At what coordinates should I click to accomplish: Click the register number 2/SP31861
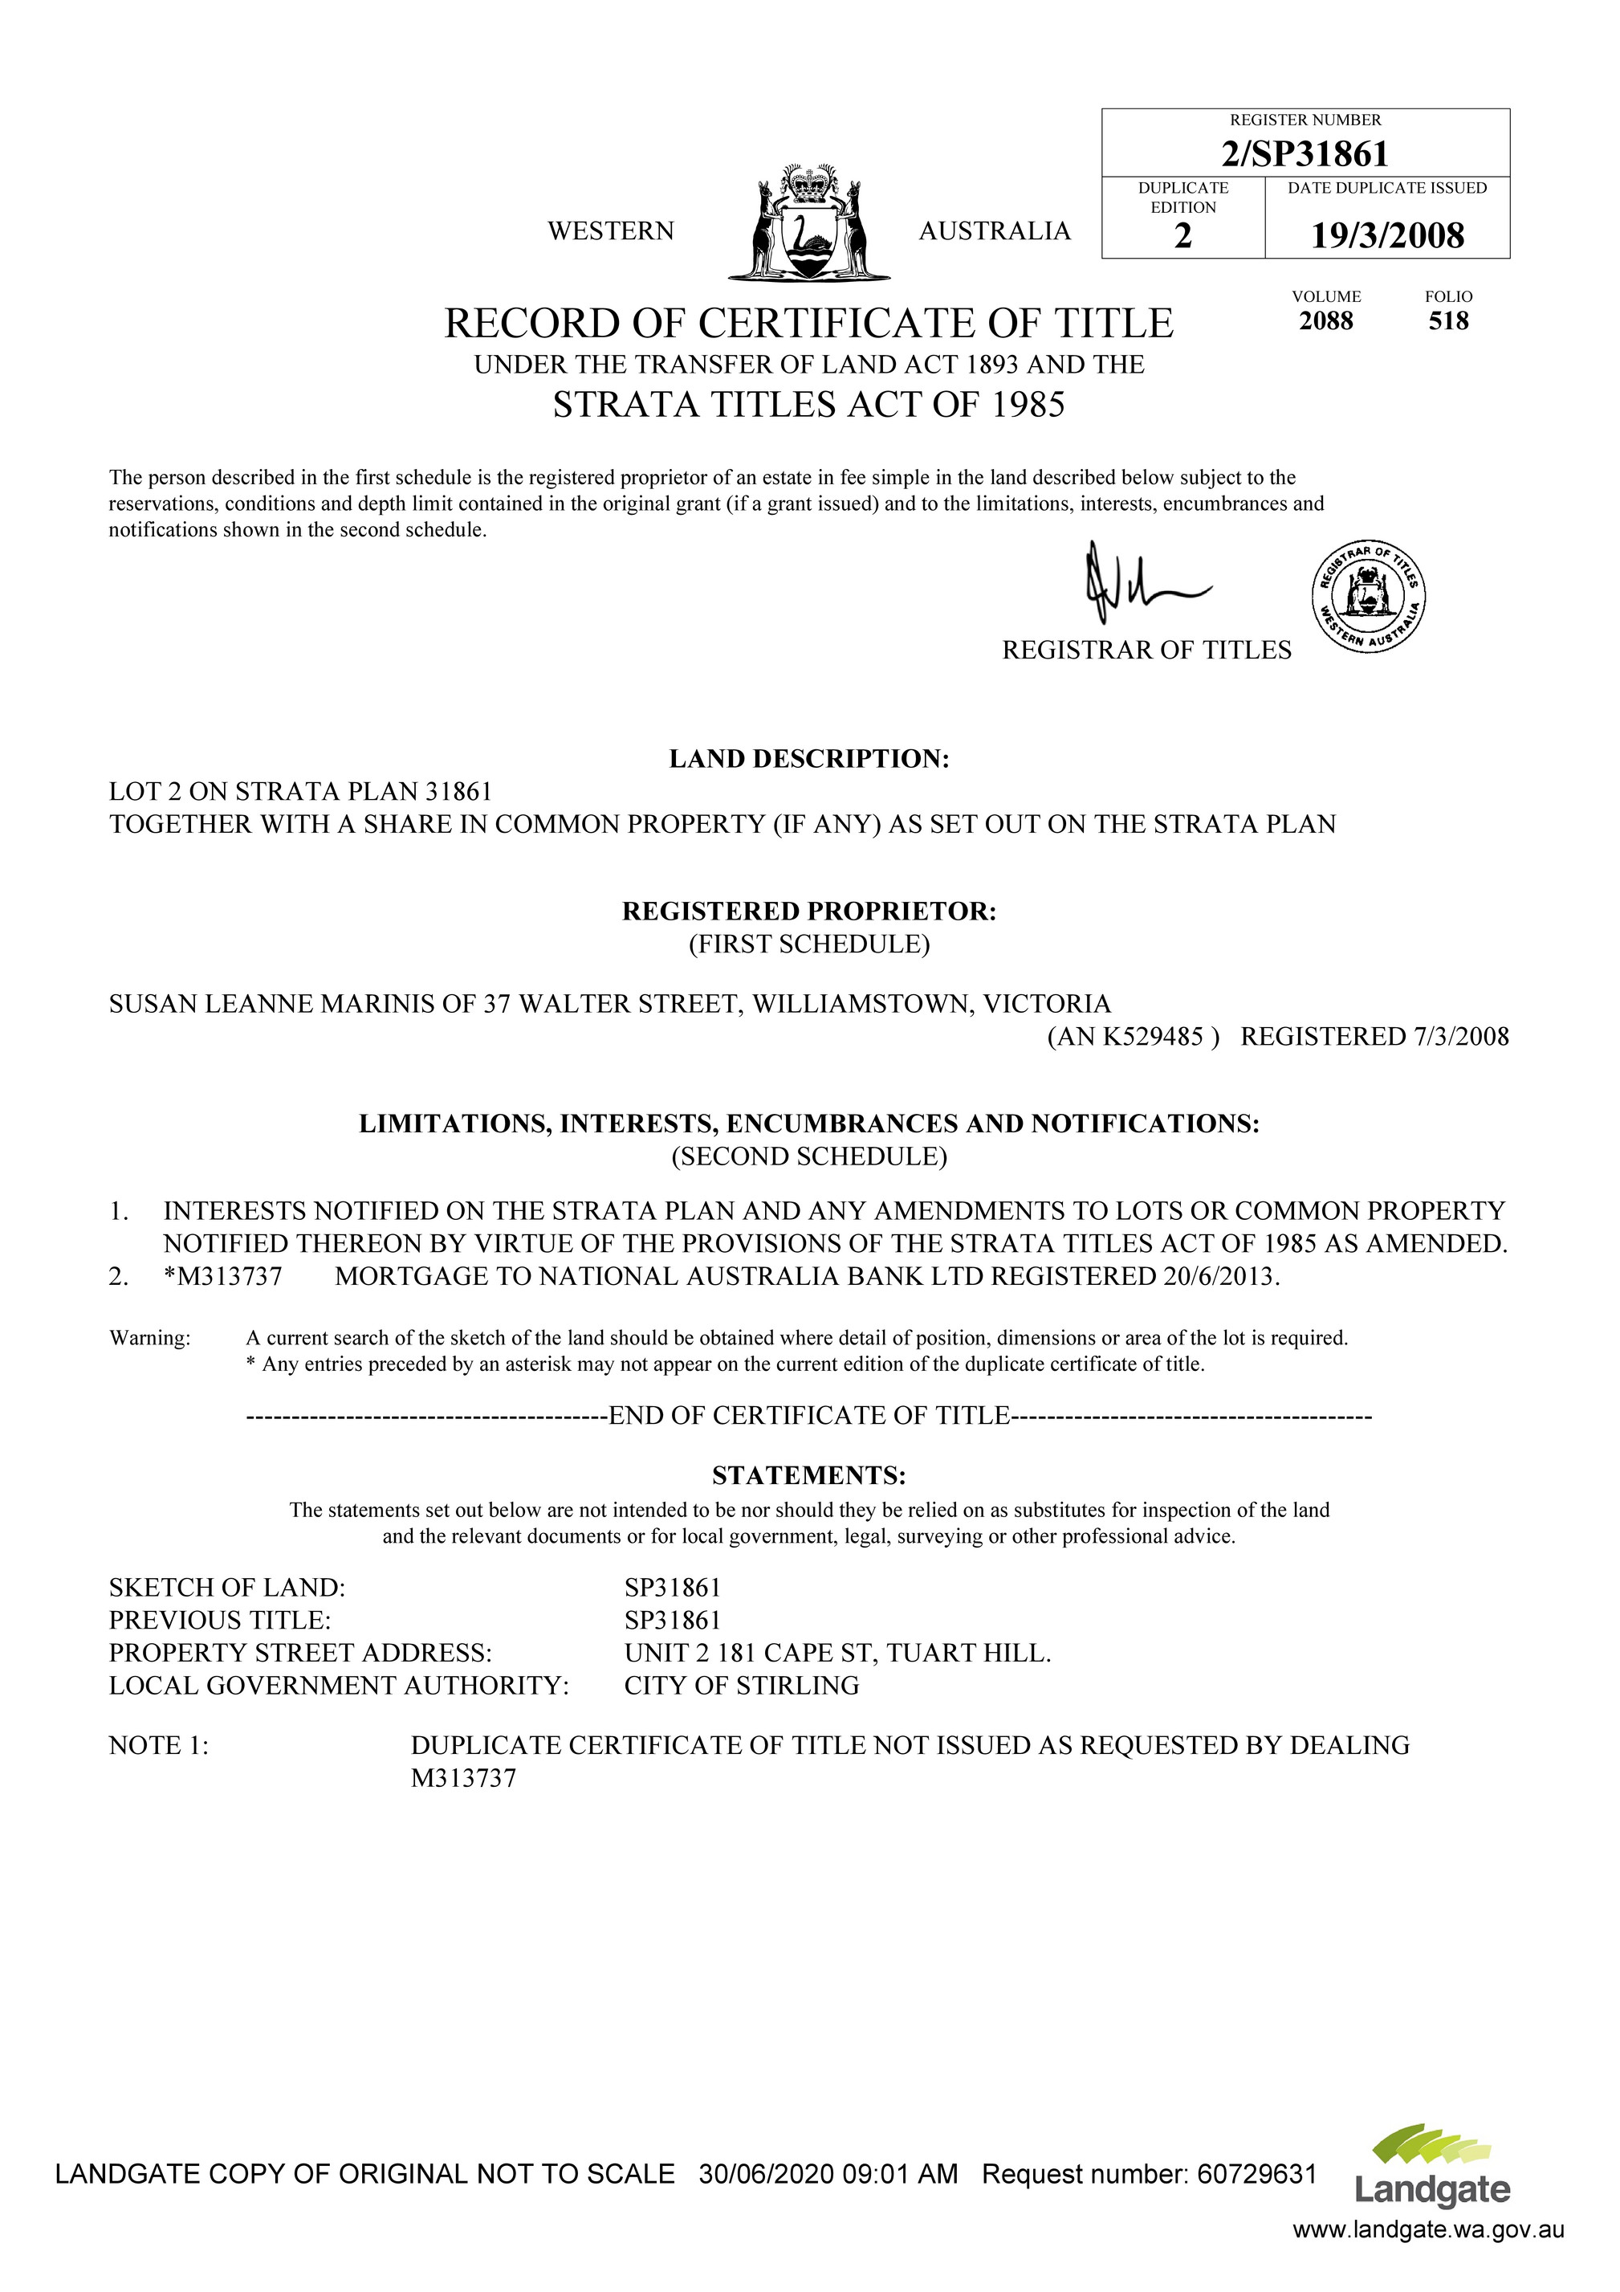[1305, 153]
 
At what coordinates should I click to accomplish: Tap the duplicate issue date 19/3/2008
[1386, 235]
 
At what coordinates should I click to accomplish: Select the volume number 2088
[1325, 321]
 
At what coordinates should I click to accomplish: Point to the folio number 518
[1448, 321]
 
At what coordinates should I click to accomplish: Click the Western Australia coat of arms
[808, 221]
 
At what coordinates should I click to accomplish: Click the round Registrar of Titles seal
[1367, 597]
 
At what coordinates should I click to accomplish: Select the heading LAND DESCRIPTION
[808, 759]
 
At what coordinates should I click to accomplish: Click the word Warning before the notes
[150, 1339]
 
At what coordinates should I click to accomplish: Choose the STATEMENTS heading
[808, 1475]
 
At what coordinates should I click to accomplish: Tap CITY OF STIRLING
[742, 1686]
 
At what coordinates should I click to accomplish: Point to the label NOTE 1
[159, 1746]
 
